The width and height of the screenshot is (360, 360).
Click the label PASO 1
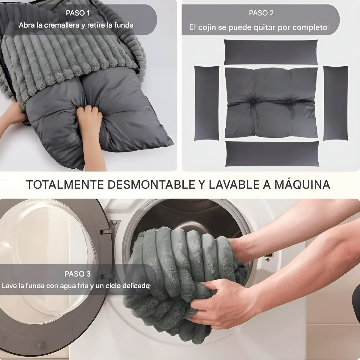point(78,13)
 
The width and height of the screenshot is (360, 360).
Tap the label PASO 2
point(261,13)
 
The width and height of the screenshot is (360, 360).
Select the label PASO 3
point(77,274)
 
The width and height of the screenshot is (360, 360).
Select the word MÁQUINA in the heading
point(302,184)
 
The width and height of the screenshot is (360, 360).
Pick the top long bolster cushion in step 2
point(270,52)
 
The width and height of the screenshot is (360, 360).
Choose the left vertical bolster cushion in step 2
point(207,102)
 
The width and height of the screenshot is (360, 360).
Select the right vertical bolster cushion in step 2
point(335,102)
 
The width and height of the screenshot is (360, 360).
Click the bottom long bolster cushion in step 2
point(272,154)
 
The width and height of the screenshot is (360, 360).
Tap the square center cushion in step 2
point(271,102)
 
